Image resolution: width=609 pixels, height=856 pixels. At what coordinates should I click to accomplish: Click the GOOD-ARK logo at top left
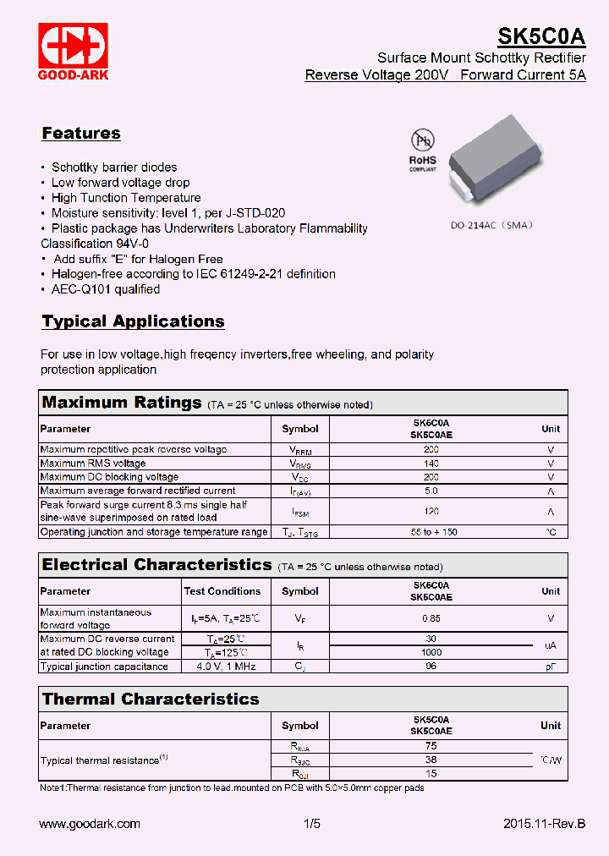point(72,51)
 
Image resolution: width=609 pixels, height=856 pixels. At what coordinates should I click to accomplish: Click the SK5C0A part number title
point(540,36)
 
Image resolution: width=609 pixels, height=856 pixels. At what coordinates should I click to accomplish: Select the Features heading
point(81,134)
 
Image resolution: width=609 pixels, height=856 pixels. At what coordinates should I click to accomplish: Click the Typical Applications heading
point(133,321)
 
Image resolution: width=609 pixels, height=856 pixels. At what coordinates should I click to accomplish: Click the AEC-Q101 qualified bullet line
point(106,289)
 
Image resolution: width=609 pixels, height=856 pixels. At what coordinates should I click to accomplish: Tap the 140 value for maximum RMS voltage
point(431,464)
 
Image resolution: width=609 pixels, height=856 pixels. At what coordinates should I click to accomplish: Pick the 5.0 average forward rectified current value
point(431,491)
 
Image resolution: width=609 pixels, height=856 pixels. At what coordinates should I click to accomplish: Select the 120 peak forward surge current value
point(431,511)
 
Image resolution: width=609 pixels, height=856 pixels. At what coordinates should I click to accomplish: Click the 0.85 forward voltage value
point(431,618)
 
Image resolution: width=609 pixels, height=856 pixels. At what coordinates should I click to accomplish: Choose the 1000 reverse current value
point(431,652)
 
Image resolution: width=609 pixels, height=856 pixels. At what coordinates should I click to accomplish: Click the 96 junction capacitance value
point(431,667)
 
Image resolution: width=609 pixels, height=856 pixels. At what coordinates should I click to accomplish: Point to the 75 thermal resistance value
point(431,746)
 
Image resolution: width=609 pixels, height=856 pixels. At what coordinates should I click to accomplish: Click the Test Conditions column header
point(223,591)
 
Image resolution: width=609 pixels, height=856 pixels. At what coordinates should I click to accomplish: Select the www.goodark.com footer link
point(90,823)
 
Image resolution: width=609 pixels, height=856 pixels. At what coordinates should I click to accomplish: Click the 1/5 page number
point(312,823)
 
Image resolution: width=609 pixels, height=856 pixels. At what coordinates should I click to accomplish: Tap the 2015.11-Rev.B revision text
point(543,823)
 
